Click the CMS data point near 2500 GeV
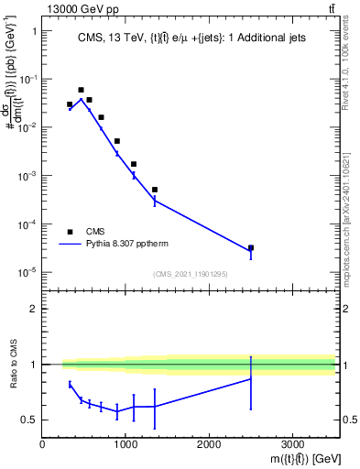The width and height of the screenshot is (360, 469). (x=251, y=248)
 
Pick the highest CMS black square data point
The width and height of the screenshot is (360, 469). (x=81, y=90)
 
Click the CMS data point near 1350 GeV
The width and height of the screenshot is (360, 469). (x=155, y=190)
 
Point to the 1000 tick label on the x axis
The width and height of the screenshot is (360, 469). (x=125, y=445)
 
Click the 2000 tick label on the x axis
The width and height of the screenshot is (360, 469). (x=209, y=445)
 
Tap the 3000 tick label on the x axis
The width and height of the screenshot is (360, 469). (x=292, y=445)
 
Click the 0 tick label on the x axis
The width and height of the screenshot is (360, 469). (x=42, y=445)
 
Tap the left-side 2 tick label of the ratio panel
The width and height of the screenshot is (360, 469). (x=33, y=309)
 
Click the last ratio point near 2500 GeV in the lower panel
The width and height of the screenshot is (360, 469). (x=251, y=379)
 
